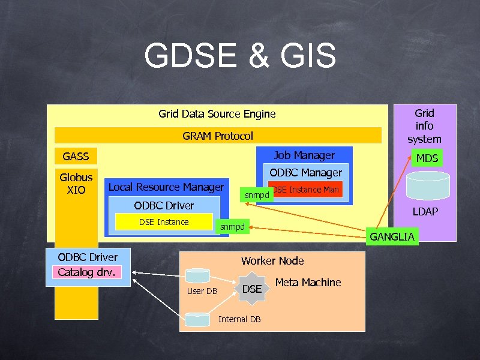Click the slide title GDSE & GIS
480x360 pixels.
[x=240, y=56]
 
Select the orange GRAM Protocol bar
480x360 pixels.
[x=218, y=136]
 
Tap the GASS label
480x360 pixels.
[x=76, y=157]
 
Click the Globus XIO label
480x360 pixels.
[x=76, y=184]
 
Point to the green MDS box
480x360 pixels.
[x=427, y=158]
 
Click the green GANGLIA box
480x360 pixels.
[x=392, y=236]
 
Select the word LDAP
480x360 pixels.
[x=424, y=211]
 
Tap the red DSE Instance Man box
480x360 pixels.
[x=305, y=190]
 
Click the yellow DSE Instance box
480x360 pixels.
[x=164, y=222]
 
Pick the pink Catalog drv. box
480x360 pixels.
[x=88, y=272]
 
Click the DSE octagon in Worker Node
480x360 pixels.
[x=251, y=289]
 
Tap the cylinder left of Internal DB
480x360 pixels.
[x=199, y=319]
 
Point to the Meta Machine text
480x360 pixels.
[x=308, y=283]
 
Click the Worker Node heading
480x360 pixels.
[x=272, y=260]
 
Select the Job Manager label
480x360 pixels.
[x=304, y=155]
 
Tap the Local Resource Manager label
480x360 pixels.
[x=166, y=187]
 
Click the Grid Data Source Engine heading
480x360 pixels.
[x=217, y=113]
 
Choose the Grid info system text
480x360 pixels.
[x=424, y=126]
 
